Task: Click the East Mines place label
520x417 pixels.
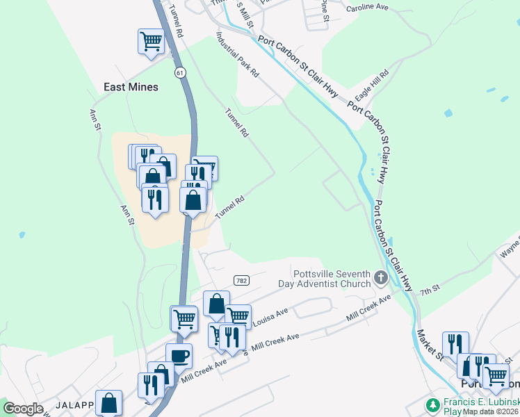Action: (x=131, y=87)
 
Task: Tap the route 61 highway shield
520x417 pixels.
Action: (x=181, y=72)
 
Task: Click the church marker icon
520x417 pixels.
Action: (x=380, y=278)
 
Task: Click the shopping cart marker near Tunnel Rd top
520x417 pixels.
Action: (x=151, y=41)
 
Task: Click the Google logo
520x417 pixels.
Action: (x=23, y=409)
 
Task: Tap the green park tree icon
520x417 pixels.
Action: (x=433, y=404)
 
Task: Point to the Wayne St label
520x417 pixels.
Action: (x=510, y=246)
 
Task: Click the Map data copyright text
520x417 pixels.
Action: (x=491, y=411)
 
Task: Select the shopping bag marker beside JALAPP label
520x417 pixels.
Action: (x=109, y=403)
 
